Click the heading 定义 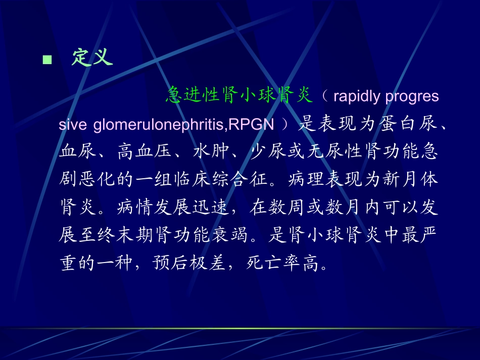[91, 58]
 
